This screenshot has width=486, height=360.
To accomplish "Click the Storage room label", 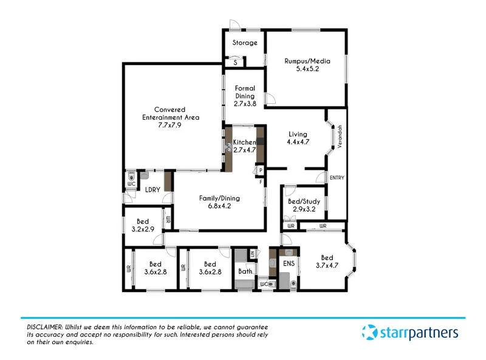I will click(245, 43).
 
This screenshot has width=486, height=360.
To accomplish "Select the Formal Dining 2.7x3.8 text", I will click(245, 96).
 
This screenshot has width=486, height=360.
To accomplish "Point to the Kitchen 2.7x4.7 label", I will click(245, 146).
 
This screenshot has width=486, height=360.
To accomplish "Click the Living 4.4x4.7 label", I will click(298, 139).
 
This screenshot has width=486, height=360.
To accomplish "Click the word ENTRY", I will click(336, 178).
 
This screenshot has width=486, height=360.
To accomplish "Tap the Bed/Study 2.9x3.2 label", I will click(303, 205).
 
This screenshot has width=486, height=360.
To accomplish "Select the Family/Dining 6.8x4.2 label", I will click(219, 202).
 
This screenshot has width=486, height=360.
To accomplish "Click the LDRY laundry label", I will click(152, 190).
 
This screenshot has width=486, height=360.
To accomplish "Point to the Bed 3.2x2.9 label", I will click(144, 225).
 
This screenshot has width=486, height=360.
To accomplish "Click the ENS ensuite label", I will click(288, 264).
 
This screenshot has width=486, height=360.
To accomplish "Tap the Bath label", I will click(245, 272).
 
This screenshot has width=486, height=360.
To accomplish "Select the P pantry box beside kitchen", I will click(261, 171).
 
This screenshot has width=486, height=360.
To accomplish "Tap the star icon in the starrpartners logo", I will click(369, 333).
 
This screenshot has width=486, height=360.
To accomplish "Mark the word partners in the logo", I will click(436, 333).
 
